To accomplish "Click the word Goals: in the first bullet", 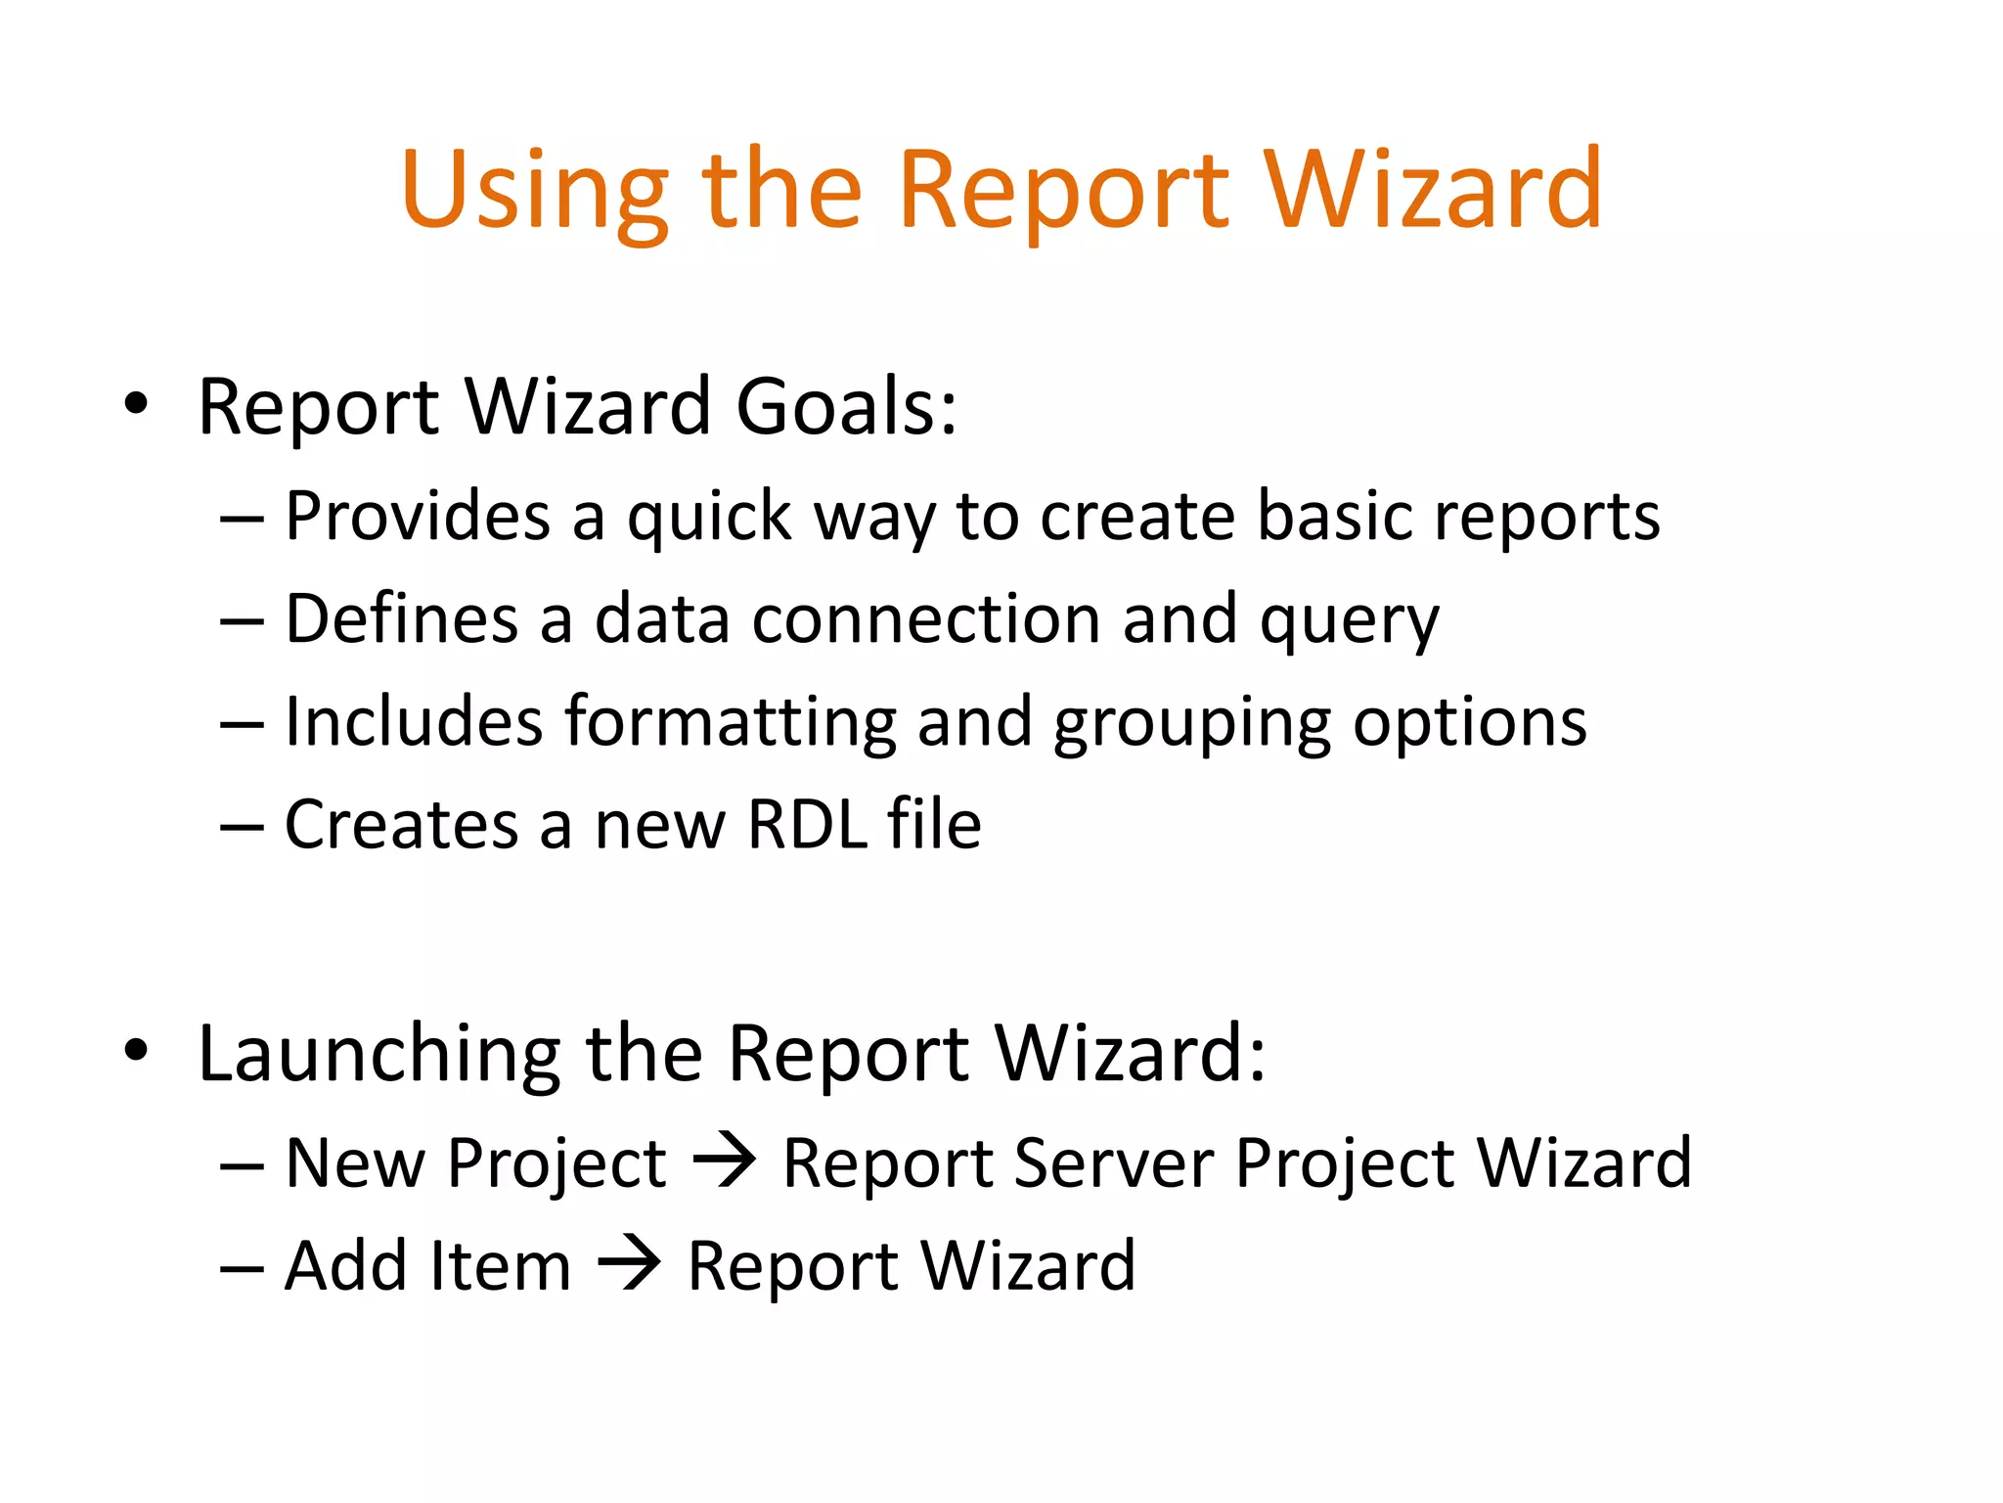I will pos(846,406).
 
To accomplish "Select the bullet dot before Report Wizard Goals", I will pos(136,404).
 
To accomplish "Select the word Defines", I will pos(401,619).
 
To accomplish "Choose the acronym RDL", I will pos(808,825).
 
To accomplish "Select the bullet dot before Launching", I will pos(136,1050).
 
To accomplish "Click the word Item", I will pos(500,1266).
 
